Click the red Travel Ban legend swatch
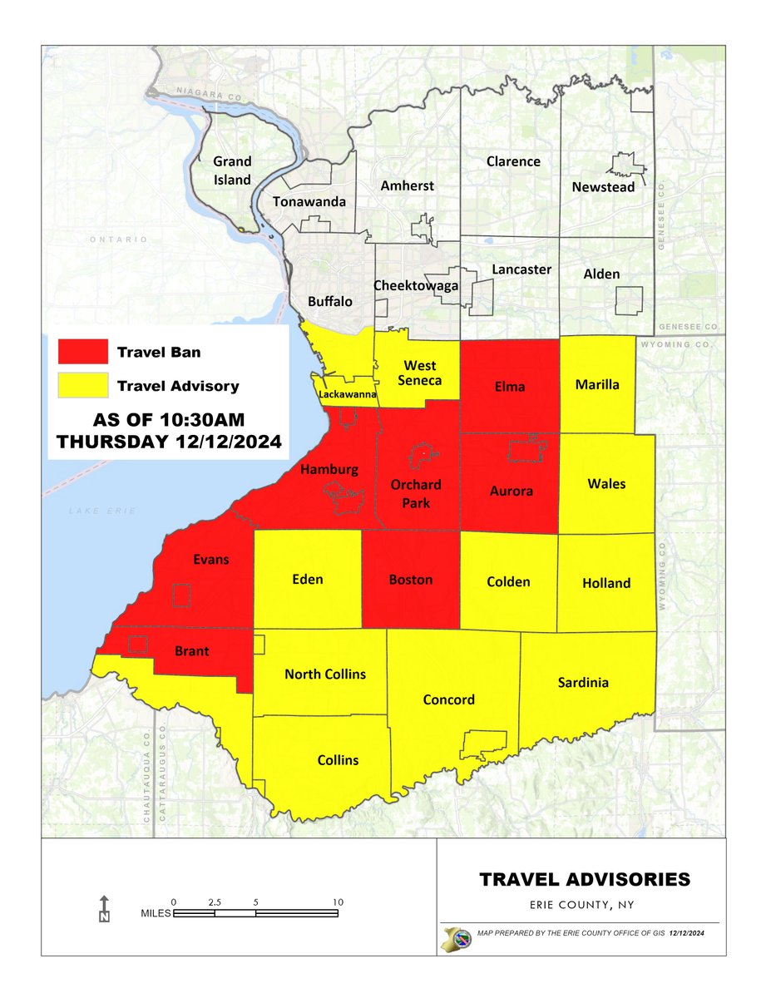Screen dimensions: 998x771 (x=83, y=351)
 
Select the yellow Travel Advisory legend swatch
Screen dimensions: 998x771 (x=83, y=385)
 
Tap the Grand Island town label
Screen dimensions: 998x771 (x=232, y=170)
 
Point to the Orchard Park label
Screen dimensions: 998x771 (x=416, y=493)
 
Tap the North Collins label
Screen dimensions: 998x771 (x=324, y=674)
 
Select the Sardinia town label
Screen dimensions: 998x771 (x=583, y=682)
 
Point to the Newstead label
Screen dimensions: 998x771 (x=603, y=187)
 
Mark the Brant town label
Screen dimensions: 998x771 (x=191, y=652)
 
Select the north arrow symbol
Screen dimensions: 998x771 (x=104, y=910)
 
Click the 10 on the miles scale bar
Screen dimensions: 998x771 (x=338, y=902)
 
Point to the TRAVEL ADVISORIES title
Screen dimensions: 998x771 (x=584, y=878)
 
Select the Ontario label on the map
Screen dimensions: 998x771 (x=119, y=240)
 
